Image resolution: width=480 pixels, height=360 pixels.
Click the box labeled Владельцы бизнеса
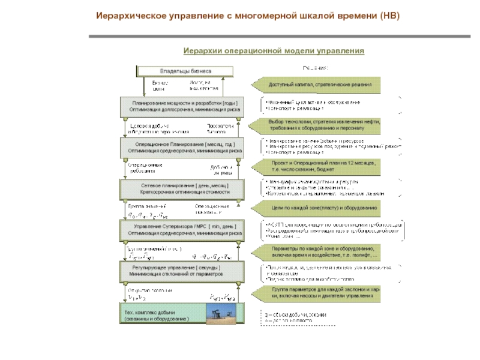click(x=185, y=71)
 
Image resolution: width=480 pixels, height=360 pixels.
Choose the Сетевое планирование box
click(x=185, y=189)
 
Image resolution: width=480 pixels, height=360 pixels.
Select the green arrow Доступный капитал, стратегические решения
click(x=316, y=85)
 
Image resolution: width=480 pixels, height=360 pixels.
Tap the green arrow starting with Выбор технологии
click(x=316, y=125)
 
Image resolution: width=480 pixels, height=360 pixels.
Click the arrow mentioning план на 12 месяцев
click(x=316, y=166)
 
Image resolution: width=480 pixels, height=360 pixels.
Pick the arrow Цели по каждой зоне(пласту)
click(x=316, y=208)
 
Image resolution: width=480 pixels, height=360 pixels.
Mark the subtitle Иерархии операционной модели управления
click(x=274, y=51)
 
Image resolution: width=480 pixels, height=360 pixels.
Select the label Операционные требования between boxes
click(x=145, y=168)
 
